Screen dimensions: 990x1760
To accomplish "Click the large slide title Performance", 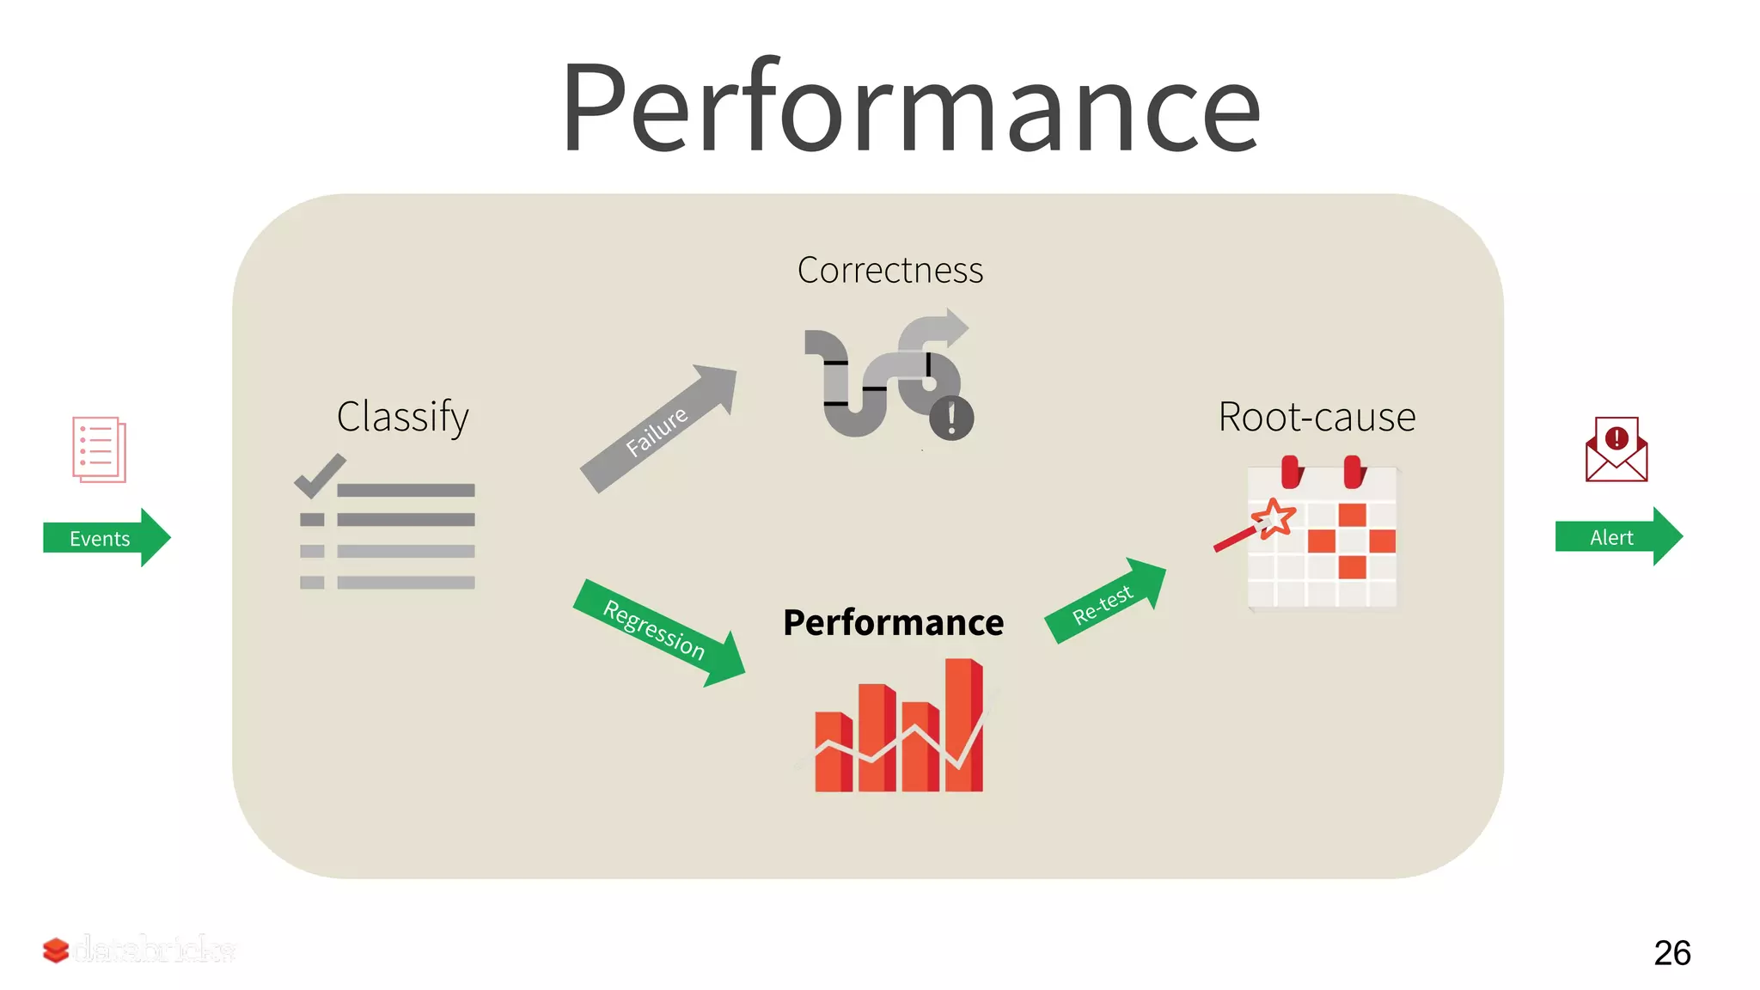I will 911,107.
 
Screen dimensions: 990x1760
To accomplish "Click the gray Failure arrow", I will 658,430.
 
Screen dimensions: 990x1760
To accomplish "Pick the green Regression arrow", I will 657,632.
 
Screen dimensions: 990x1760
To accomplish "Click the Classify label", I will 402,417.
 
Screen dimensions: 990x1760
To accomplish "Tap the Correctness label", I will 889,270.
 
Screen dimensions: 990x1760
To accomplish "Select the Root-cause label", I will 1317,418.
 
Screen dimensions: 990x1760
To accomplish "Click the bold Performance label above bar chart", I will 893,622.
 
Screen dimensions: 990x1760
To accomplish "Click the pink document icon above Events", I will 99,449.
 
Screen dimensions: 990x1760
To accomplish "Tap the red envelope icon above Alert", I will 1616,449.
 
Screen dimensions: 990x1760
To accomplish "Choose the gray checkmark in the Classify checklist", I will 319,475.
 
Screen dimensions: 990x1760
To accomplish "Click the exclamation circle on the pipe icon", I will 951,419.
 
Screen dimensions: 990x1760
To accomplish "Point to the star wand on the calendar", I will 1272,518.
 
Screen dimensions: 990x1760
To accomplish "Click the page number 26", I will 1671,952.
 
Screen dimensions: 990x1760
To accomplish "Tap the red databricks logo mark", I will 56,950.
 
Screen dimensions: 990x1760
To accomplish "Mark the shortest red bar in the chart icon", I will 832,752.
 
